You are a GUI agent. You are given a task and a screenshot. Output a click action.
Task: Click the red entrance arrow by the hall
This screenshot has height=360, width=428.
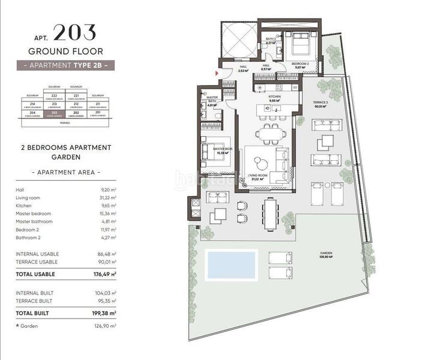click(x=216, y=73)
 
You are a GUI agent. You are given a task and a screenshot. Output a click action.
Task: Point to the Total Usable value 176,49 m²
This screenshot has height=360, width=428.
click(x=104, y=274)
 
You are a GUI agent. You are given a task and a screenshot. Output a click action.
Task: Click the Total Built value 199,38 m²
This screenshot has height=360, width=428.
click(x=104, y=313)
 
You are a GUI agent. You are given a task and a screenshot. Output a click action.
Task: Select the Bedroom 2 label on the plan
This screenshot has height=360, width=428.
click(x=300, y=64)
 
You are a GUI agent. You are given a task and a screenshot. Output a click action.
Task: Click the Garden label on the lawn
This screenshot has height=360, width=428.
click(x=325, y=255)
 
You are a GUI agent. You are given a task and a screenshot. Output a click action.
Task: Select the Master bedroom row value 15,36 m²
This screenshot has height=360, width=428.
click(x=107, y=214)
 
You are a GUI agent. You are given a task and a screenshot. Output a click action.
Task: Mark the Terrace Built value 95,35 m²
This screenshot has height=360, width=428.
click(x=106, y=301)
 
